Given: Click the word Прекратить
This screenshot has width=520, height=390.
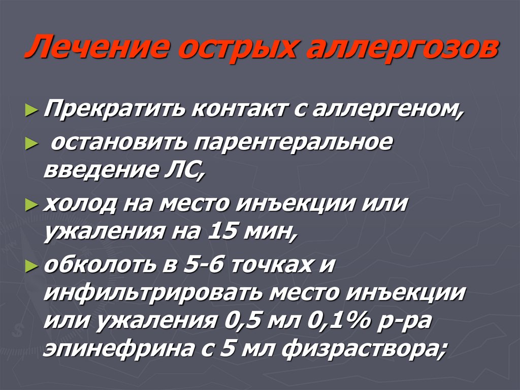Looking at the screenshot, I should pos(112,109).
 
